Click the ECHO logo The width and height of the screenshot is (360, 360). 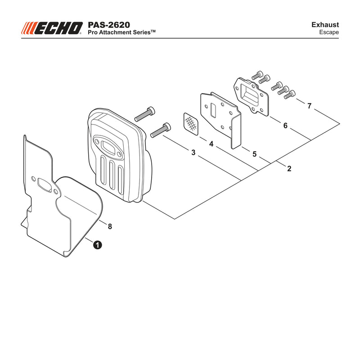coord(52,28)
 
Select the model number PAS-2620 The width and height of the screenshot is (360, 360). coord(109,25)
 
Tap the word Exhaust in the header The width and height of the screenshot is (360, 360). coord(325,25)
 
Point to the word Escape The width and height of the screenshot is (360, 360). coord(329,32)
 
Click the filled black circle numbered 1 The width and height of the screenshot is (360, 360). coord(98,245)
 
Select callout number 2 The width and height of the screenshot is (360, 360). coord(289,169)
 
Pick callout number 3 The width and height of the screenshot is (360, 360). coord(193,153)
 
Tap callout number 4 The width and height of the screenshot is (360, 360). coord(211,144)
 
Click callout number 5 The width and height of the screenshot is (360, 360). coord(254,154)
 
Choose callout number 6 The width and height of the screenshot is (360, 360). coord(285,126)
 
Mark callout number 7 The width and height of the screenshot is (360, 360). coord(309,106)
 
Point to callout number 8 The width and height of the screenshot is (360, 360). coord(110,227)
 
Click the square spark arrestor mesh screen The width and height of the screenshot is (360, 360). coord(191,123)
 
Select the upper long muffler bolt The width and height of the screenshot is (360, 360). coord(144,114)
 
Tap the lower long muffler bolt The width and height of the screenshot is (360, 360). coord(161,130)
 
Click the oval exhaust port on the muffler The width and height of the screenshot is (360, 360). coord(108,147)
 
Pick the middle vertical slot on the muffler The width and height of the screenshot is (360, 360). coord(112,175)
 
